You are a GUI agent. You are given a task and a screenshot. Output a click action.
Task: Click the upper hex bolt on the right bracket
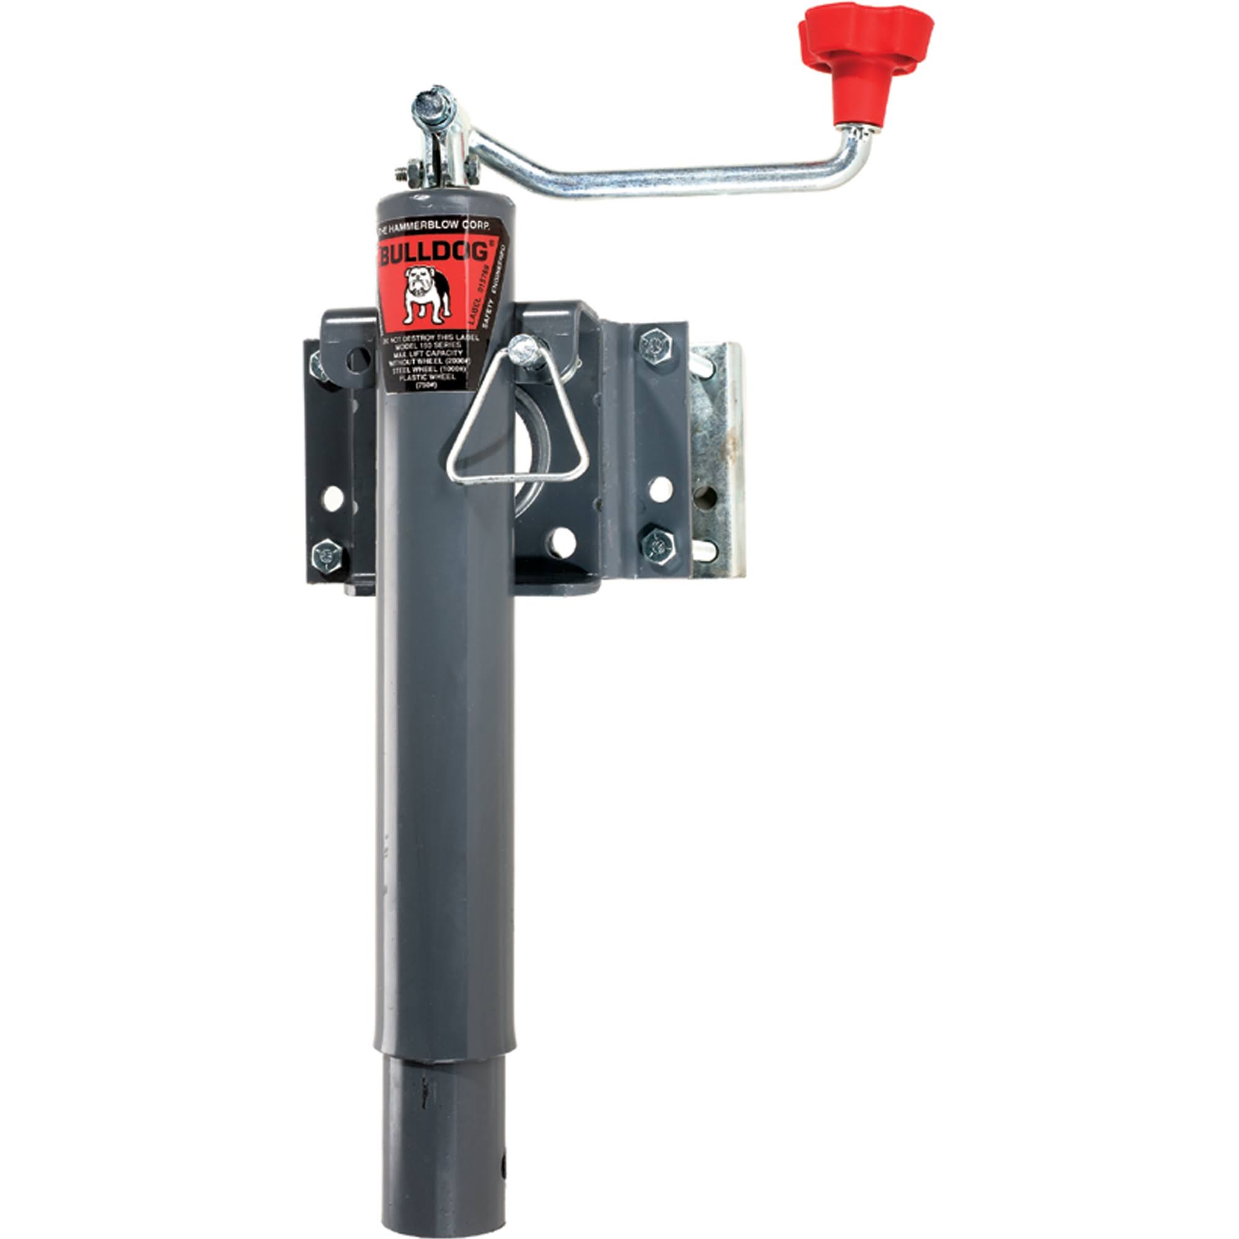(655, 346)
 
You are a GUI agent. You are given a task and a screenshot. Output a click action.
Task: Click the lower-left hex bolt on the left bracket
(326, 555)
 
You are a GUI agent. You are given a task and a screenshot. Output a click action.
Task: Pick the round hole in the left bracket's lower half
(332, 497)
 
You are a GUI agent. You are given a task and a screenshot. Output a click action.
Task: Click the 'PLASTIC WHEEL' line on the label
(427, 378)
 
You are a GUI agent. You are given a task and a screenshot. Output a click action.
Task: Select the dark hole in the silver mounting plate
(706, 496)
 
